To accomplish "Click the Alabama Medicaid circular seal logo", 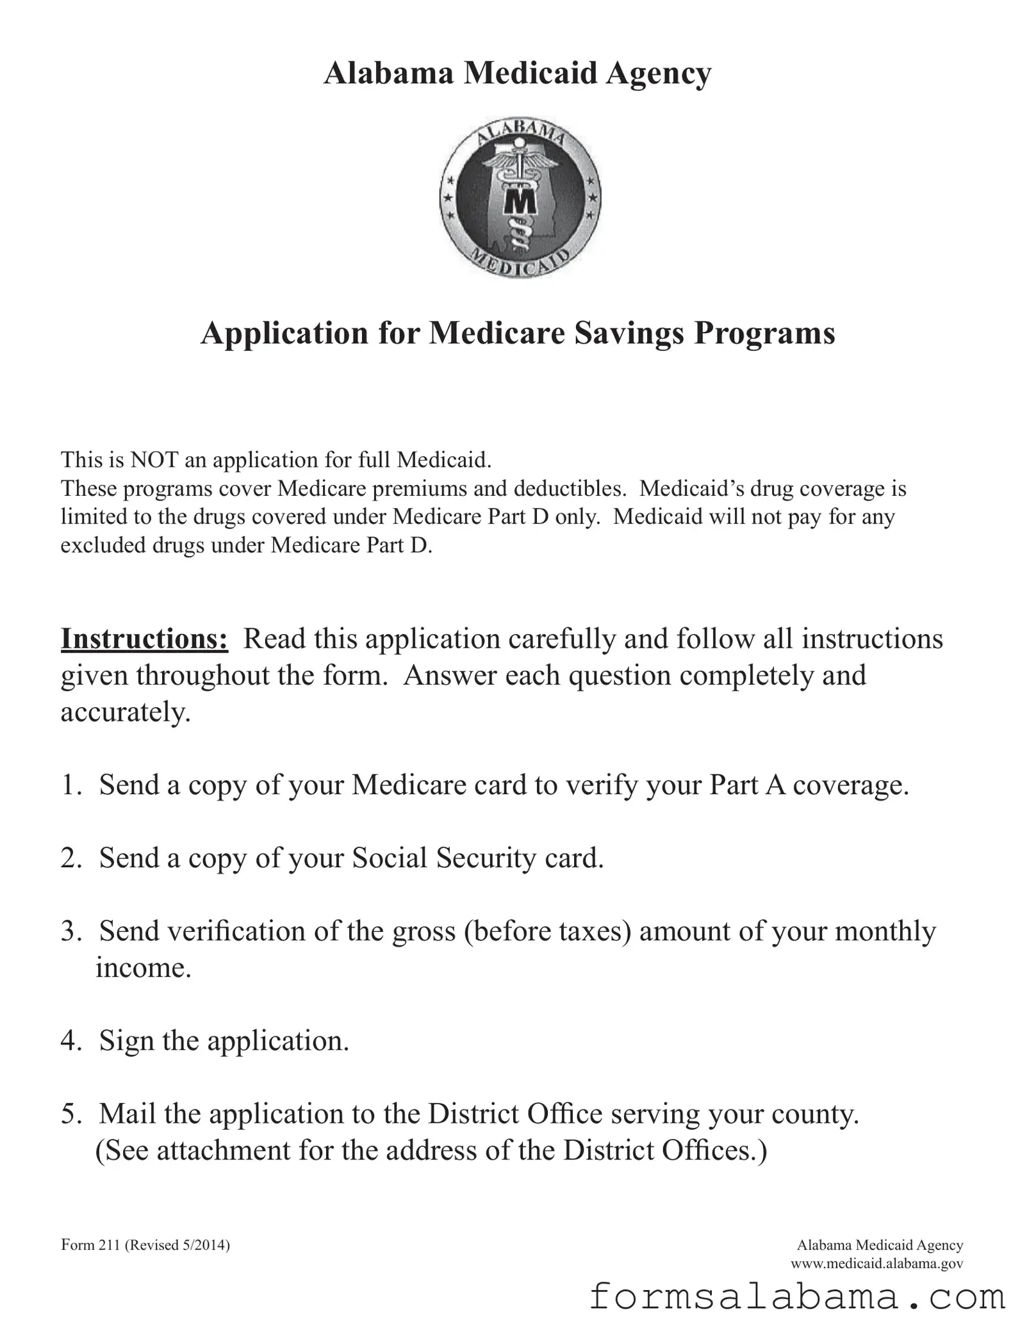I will (520, 199).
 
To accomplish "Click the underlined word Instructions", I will (144, 639).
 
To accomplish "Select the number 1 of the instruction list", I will (69, 785).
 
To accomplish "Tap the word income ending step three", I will (144, 967).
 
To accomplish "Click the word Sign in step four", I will (126, 1041).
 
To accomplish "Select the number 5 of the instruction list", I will (69, 1115).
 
